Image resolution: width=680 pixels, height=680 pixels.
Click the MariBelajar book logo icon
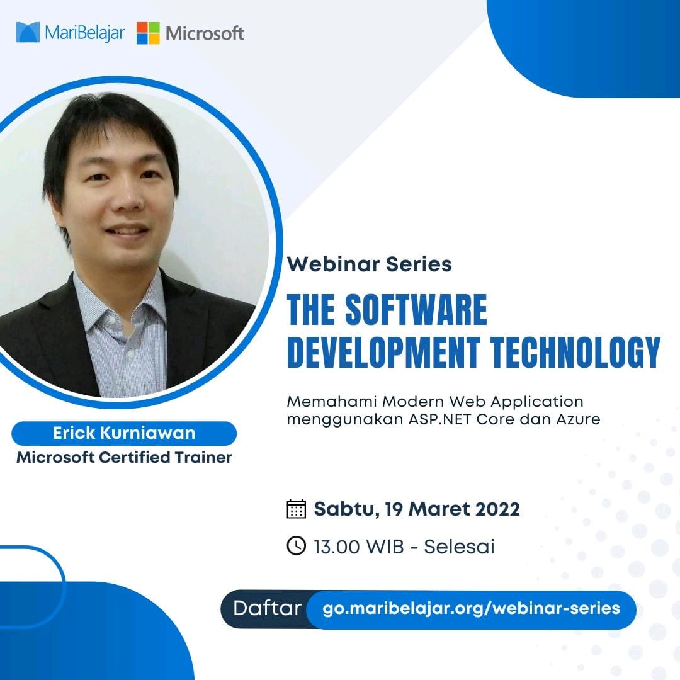(x=28, y=32)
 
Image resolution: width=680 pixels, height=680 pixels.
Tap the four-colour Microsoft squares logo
(x=148, y=33)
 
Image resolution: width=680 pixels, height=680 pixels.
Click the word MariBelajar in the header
(x=84, y=33)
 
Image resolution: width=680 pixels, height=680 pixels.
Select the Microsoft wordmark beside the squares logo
(x=205, y=33)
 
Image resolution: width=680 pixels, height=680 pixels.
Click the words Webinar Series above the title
(x=370, y=264)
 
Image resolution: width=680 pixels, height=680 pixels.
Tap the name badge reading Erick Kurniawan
(x=124, y=433)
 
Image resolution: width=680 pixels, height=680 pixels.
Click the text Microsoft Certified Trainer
(x=124, y=457)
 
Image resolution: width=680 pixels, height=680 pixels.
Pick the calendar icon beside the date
(x=296, y=509)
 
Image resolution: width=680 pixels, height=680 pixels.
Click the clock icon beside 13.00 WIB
(x=296, y=546)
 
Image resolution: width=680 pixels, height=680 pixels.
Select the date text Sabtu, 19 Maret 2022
(x=417, y=509)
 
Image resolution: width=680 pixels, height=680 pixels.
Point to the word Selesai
(x=459, y=547)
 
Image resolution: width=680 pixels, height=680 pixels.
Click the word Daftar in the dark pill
(x=267, y=609)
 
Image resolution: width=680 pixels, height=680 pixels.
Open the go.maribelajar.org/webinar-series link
(x=471, y=609)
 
